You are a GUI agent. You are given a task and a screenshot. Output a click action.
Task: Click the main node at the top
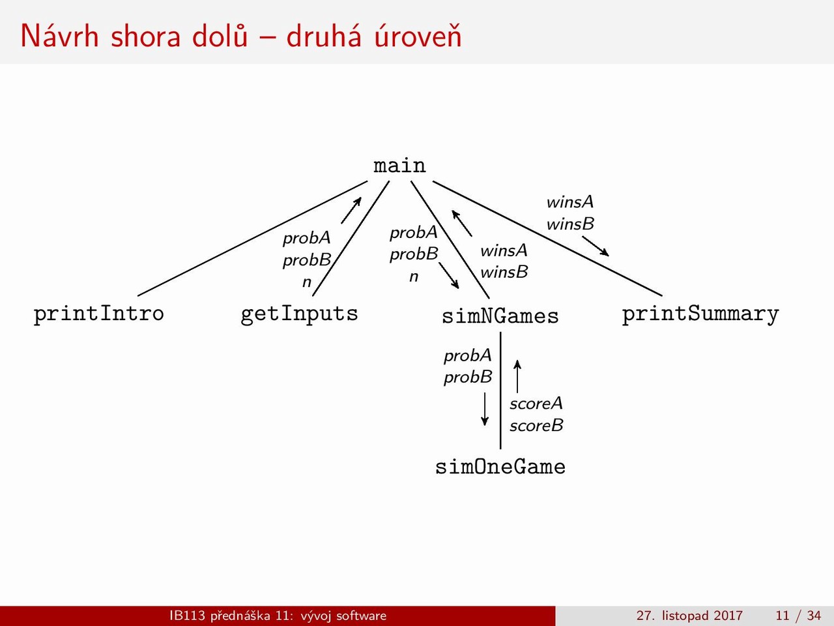(x=399, y=166)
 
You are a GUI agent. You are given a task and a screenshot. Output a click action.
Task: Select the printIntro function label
(x=99, y=314)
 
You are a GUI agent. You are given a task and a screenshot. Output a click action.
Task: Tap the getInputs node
(x=300, y=314)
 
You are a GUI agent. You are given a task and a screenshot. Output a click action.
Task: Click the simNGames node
(x=500, y=316)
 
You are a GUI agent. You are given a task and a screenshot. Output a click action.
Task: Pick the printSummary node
(x=700, y=314)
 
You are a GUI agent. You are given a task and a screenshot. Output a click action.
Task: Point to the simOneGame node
(x=500, y=466)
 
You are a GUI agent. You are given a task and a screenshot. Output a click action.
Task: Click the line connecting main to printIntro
(x=253, y=238)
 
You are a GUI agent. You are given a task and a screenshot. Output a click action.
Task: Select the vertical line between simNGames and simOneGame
(x=500, y=391)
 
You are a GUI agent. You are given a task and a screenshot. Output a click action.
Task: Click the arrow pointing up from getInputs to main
(x=351, y=210)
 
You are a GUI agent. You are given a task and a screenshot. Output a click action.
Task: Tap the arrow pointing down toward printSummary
(x=596, y=246)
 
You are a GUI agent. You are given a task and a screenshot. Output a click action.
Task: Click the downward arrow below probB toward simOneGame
(x=485, y=409)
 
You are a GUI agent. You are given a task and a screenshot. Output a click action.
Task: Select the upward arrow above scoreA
(x=517, y=376)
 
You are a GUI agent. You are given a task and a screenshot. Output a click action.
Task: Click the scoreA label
(x=536, y=404)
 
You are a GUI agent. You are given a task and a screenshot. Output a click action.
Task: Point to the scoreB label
(x=536, y=426)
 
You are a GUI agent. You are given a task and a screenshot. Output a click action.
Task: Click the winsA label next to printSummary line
(x=570, y=202)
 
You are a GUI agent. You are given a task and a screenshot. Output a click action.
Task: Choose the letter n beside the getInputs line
(x=307, y=282)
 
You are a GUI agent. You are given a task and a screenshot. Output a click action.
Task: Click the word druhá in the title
(x=323, y=36)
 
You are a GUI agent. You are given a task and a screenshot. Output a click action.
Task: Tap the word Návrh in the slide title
(x=59, y=36)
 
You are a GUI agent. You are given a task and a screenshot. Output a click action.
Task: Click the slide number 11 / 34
(x=798, y=615)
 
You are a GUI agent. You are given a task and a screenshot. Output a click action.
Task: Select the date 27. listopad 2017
(x=689, y=616)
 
